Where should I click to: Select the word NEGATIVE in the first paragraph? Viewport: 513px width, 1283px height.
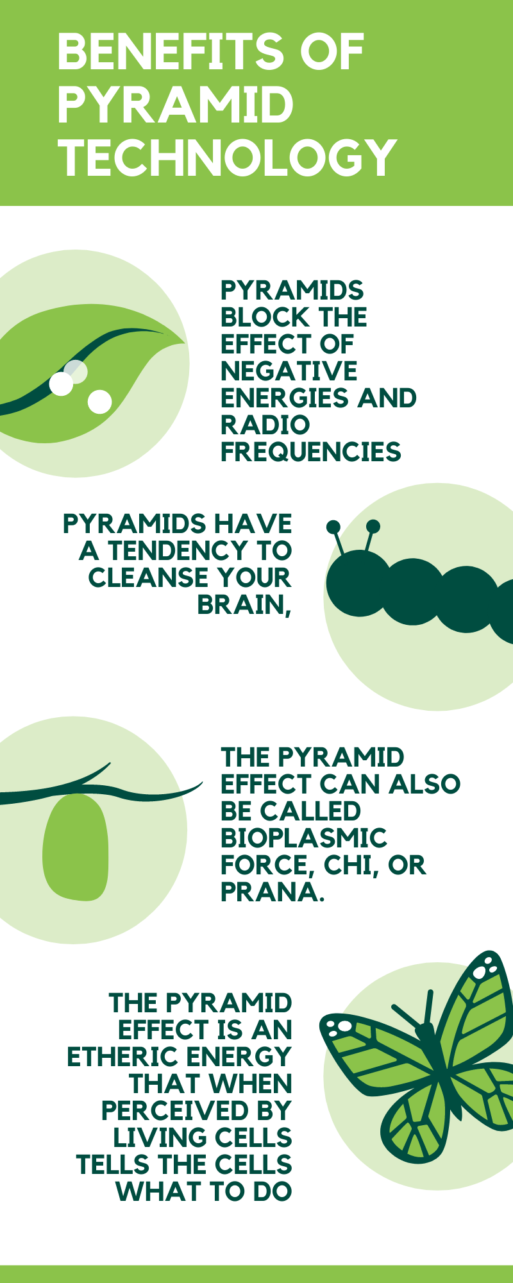(x=289, y=371)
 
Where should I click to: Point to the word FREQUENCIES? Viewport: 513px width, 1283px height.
(x=311, y=452)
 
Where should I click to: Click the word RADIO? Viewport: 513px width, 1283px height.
(x=265, y=425)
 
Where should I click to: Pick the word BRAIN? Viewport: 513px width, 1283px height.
(x=244, y=605)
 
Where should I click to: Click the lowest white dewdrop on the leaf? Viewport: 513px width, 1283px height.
(x=99, y=402)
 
